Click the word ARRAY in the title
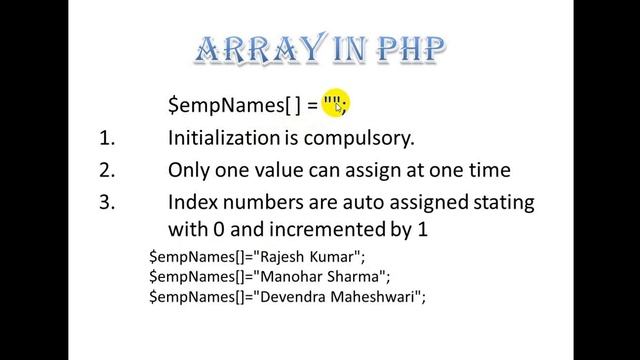[252, 49]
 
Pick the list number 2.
[107, 170]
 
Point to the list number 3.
[107, 202]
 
